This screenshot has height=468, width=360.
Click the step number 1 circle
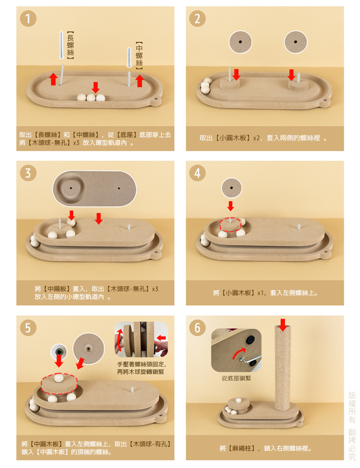(x=28, y=19)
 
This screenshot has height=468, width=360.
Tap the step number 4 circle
(x=197, y=173)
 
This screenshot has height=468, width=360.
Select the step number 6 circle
(x=197, y=328)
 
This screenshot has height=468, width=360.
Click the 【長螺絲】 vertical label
(x=70, y=45)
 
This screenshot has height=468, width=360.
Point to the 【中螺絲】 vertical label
(x=139, y=56)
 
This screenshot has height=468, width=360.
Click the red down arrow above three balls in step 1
(x=96, y=87)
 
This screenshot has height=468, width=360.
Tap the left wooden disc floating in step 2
(x=240, y=42)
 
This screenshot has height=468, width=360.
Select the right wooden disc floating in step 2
(x=296, y=42)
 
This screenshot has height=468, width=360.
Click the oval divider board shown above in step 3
(x=95, y=189)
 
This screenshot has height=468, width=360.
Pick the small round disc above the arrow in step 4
(x=231, y=188)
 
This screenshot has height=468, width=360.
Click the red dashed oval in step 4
(x=230, y=225)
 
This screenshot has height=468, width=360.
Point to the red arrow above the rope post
(x=283, y=325)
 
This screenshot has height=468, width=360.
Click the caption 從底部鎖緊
(x=237, y=378)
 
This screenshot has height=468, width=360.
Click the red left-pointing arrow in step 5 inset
(x=161, y=337)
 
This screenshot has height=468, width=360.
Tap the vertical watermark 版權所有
(x=352, y=408)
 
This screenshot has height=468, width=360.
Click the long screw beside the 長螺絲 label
(x=61, y=45)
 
